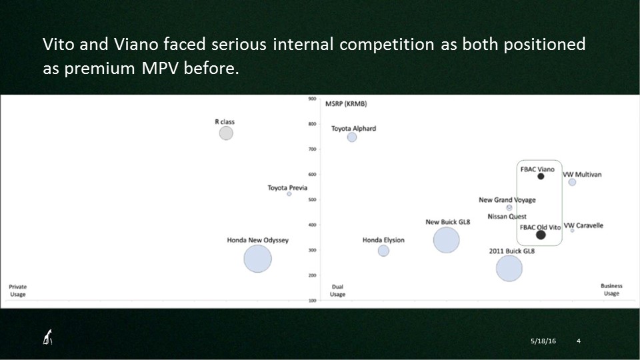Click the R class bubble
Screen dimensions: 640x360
click(226, 133)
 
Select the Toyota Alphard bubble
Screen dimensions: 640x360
click(352, 137)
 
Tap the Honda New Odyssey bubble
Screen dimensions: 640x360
click(257, 259)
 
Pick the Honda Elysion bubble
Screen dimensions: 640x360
click(383, 251)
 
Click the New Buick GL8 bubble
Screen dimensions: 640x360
click(446, 240)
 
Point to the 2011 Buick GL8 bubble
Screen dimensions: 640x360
click(509, 268)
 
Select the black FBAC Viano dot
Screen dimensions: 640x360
click(541, 176)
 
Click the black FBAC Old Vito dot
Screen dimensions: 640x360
click(541, 235)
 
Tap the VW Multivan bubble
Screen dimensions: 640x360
click(572, 182)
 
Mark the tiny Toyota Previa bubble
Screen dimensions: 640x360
click(289, 194)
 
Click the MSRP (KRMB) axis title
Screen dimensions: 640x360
click(346, 104)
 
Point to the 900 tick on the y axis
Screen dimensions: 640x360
click(312, 99)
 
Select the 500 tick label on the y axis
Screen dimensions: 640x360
click(312, 199)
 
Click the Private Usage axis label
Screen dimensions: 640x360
click(17, 290)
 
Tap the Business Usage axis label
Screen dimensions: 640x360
click(611, 289)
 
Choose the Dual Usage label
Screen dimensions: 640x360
click(337, 290)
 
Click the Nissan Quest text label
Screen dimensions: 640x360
click(507, 216)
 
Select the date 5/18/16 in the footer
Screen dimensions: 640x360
click(543, 341)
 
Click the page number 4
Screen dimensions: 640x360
click(579, 341)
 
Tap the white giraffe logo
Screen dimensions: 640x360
click(48, 337)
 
